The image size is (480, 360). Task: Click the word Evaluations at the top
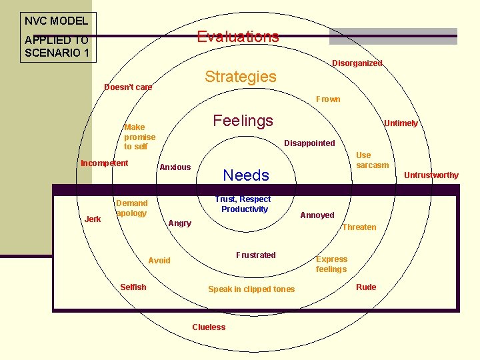pyautogui.click(x=238, y=37)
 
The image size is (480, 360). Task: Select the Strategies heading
pyautogui.click(x=240, y=77)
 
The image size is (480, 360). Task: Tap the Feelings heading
pyautogui.click(x=243, y=121)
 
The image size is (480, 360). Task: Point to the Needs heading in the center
pyautogui.click(x=246, y=175)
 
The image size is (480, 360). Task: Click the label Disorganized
pyautogui.click(x=357, y=63)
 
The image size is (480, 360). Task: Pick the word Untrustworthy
pyautogui.click(x=431, y=175)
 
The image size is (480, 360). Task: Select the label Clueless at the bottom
pyautogui.click(x=209, y=327)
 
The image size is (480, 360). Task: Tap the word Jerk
pyautogui.click(x=93, y=219)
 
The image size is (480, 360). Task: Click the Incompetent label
pyautogui.click(x=104, y=163)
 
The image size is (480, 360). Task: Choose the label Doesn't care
pyautogui.click(x=128, y=87)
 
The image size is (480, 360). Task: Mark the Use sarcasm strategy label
pyautogui.click(x=372, y=160)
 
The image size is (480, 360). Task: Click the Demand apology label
pyautogui.click(x=131, y=208)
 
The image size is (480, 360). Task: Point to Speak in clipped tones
pyautogui.click(x=251, y=289)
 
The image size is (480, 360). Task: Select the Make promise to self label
pyautogui.click(x=139, y=137)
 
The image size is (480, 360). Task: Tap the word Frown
pyautogui.click(x=328, y=99)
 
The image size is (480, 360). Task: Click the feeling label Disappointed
pyautogui.click(x=309, y=143)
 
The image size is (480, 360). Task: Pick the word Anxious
pyautogui.click(x=175, y=167)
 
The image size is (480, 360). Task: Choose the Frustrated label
pyautogui.click(x=255, y=255)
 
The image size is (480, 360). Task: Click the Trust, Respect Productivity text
pyautogui.click(x=243, y=204)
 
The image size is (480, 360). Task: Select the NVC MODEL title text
pyautogui.click(x=56, y=21)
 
